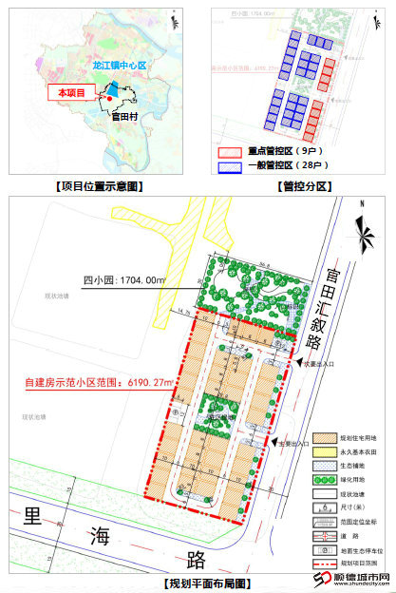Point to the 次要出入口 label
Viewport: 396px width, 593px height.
(x=316, y=362)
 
